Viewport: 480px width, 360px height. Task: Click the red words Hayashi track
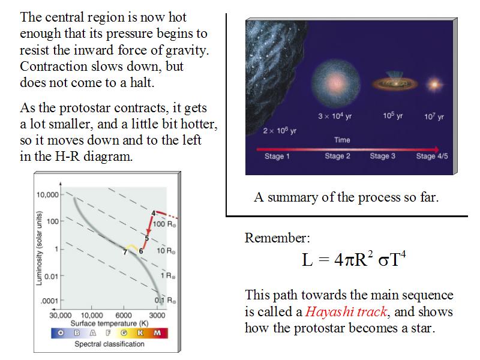coord(347,311)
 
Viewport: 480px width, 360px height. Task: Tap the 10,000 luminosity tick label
coord(47,194)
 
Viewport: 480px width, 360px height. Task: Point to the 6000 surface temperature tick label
coord(124,315)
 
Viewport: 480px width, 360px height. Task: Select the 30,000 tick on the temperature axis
coord(61,315)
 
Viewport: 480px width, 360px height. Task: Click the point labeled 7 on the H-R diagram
coord(125,252)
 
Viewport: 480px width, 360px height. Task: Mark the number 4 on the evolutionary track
coord(154,213)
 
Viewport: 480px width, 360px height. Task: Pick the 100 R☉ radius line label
coord(164,224)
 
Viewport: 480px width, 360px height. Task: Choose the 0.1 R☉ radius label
coord(166,301)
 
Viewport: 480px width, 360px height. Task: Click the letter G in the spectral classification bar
coord(124,333)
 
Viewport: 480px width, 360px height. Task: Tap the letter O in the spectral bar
coord(61,333)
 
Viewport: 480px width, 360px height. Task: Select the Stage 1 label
coord(277,156)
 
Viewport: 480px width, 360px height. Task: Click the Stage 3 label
coord(383,156)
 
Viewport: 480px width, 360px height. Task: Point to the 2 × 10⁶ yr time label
coord(280,131)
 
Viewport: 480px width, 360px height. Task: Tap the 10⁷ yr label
coord(434,116)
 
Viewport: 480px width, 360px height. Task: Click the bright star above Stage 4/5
coord(434,84)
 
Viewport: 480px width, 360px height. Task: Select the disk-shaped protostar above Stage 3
coord(395,83)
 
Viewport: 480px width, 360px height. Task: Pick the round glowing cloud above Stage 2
coord(335,83)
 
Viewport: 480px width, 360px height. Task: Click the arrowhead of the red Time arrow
coord(436,149)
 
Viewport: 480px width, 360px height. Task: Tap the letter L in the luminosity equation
coord(307,260)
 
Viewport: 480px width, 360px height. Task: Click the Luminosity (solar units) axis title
coord(39,248)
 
